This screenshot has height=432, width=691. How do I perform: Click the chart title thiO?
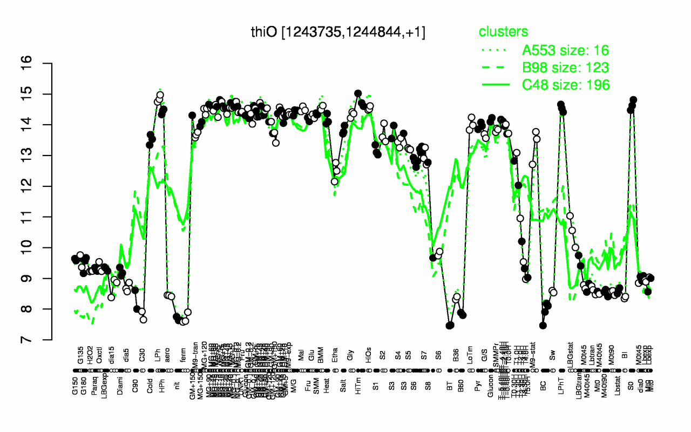(338, 32)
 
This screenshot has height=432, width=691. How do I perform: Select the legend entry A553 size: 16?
(565, 51)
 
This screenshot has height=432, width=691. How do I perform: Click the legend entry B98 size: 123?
(565, 67)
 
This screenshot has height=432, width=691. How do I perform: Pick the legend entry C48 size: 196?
(565, 84)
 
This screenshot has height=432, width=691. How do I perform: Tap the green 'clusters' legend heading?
(503, 32)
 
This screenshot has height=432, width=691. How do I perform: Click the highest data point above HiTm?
(358, 93)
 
